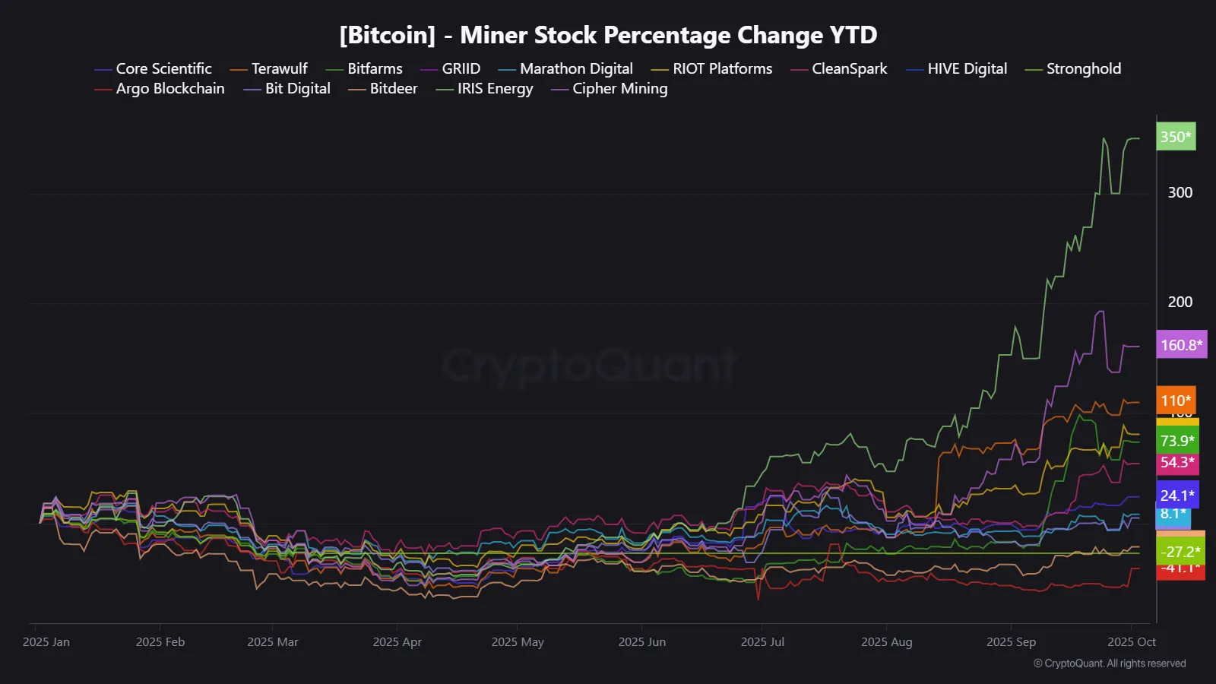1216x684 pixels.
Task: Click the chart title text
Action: click(x=608, y=35)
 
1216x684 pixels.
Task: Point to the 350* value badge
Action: click(x=1176, y=137)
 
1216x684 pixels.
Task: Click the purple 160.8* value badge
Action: click(x=1181, y=345)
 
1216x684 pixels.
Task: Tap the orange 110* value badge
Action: click(x=1176, y=401)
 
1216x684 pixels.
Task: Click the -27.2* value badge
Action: click(x=1180, y=552)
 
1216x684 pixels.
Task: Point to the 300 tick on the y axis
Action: click(x=1180, y=193)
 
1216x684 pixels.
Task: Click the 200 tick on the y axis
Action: click(x=1180, y=302)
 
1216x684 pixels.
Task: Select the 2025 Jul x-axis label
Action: click(x=762, y=642)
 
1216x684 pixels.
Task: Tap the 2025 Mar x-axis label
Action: click(x=272, y=642)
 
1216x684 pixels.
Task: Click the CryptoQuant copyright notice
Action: click(x=1110, y=663)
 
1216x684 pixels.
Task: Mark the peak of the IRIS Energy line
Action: click(x=1104, y=138)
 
